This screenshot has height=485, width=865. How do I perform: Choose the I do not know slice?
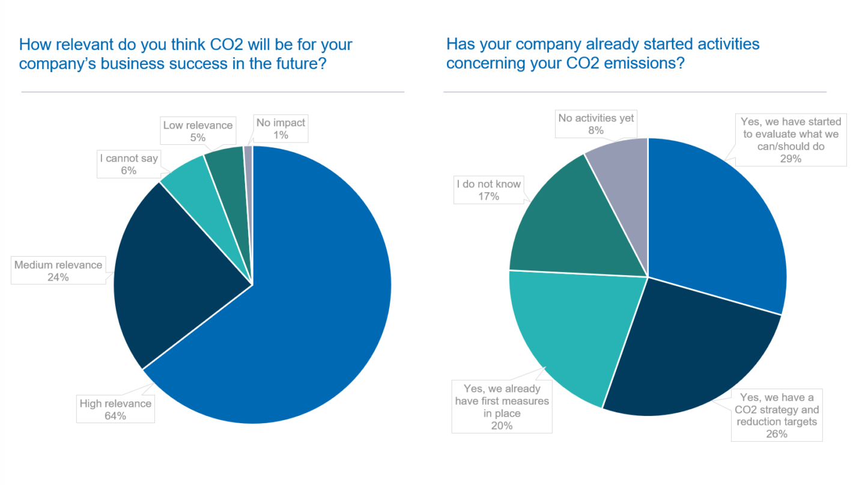point(571,222)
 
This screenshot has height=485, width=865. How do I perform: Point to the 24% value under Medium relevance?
point(58,277)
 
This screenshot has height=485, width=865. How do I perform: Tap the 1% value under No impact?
point(281,135)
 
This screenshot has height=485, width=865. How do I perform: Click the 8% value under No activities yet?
point(596,130)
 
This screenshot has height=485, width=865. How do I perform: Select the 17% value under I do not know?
point(488,196)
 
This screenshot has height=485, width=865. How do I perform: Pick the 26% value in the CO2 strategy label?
point(775,433)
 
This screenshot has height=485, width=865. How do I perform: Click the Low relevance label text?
point(198,125)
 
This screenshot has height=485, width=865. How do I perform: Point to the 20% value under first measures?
point(502,426)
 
